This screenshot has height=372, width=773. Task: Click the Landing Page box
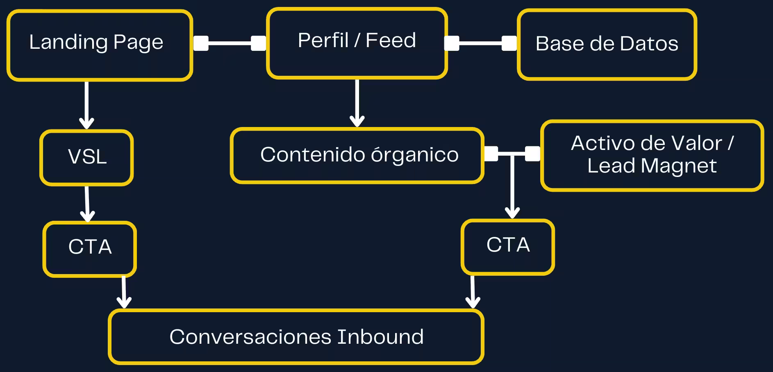[x=100, y=45]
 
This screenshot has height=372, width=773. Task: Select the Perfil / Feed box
[x=357, y=43]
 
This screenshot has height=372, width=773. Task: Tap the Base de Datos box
[x=607, y=44]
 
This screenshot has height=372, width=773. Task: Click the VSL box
[x=86, y=158]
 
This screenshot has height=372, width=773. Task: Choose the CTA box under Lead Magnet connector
[x=507, y=247]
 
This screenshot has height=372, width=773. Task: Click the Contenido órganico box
[x=357, y=156]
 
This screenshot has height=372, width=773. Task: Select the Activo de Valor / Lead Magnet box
[x=652, y=156]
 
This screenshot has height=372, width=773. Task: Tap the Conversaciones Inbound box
[x=296, y=337]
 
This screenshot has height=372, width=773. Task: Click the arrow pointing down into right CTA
[x=512, y=188]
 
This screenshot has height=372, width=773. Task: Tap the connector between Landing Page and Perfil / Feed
[x=230, y=43]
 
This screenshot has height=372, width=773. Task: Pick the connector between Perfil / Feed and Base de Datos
[x=480, y=43]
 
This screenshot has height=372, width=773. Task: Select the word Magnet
[x=678, y=166]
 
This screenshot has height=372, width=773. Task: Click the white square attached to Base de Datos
[x=509, y=43]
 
